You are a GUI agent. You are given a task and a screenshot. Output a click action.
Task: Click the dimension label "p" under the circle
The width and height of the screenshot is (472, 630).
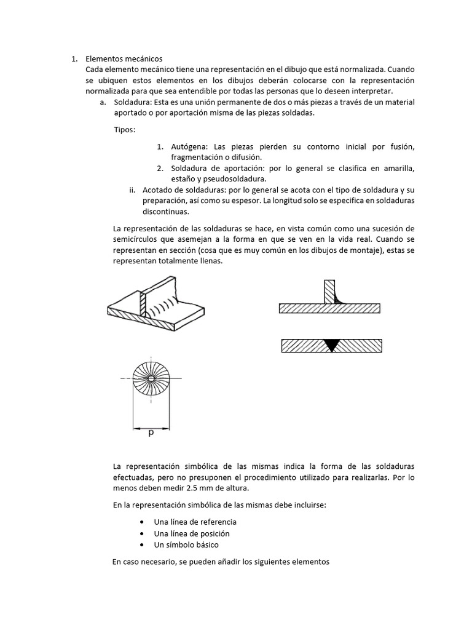[151, 433]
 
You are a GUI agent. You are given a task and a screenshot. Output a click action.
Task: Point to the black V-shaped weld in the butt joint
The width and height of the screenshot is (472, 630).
[332, 345]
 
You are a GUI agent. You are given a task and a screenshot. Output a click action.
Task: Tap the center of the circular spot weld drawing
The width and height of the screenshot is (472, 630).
[151, 378]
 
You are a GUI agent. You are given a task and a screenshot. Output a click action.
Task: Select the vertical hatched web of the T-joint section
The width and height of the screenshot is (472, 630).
[330, 290]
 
